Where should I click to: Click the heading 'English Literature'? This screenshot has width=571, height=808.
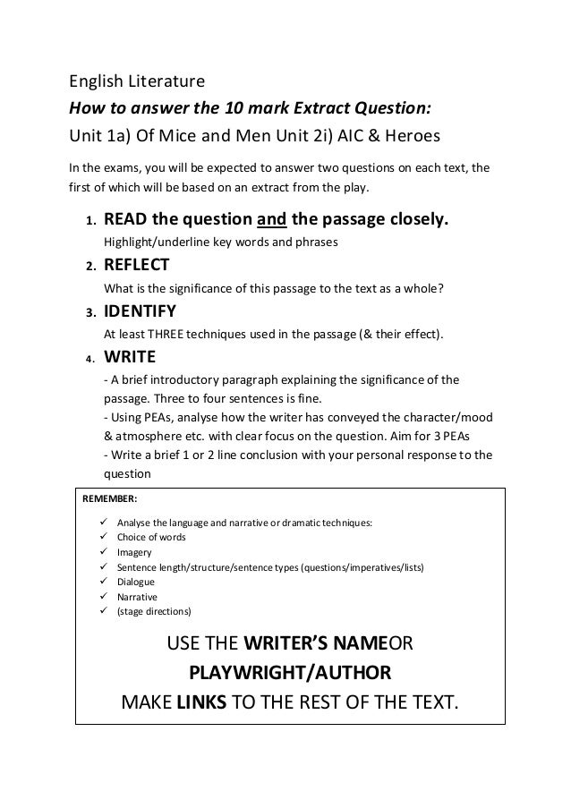tap(138, 83)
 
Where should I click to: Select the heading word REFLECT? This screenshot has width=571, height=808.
tap(138, 265)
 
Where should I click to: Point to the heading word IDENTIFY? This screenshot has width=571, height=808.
tap(141, 312)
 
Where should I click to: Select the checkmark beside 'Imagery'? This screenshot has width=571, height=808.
tap(97, 552)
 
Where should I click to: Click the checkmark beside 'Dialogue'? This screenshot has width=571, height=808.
tap(97, 582)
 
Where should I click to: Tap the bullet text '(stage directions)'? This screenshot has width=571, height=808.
tap(153, 611)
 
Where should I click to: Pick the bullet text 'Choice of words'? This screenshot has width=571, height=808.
tap(150, 537)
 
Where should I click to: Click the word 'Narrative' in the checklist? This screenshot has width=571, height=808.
tap(138, 596)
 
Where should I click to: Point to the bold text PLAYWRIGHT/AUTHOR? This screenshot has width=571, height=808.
tap(290, 673)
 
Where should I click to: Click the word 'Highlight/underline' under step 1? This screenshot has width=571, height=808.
tap(149, 241)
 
